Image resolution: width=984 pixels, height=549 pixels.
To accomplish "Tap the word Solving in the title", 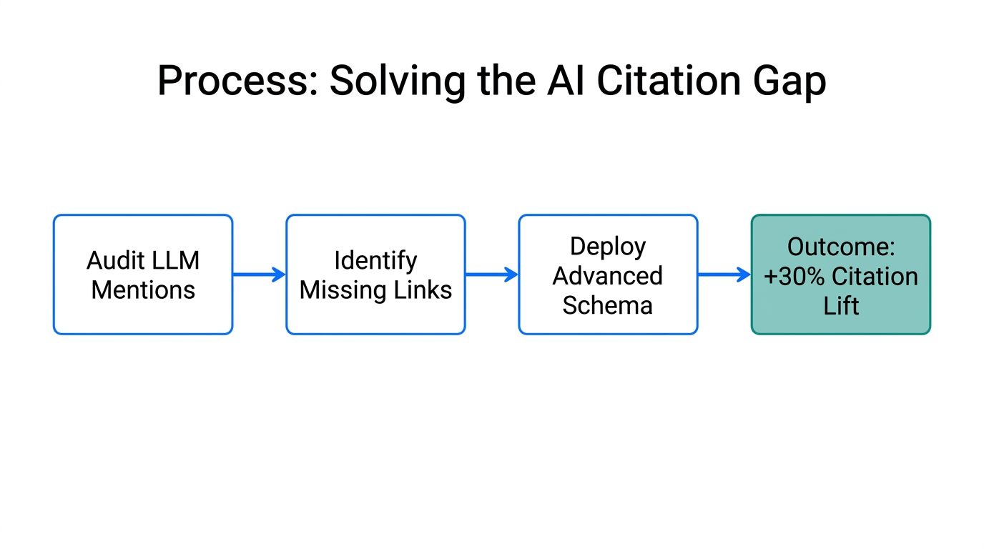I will [x=398, y=81].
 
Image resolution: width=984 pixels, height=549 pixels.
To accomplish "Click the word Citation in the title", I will [x=669, y=81].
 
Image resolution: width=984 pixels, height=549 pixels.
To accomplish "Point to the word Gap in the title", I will [x=790, y=81].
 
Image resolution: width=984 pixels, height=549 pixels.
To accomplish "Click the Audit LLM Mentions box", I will [x=143, y=274].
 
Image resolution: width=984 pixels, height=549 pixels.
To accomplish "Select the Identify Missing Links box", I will [x=375, y=274].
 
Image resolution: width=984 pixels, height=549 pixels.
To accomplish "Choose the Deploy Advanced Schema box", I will [x=608, y=274].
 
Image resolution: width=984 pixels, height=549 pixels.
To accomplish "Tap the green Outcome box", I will [x=840, y=274].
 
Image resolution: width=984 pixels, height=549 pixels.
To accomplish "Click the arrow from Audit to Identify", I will [x=259, y=274].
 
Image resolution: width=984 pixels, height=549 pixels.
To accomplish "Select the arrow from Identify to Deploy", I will [x=491, y=274].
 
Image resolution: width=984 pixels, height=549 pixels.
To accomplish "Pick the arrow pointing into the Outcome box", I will [x=724, y=274].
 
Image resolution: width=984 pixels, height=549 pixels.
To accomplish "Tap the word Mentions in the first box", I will [x=143, y=290].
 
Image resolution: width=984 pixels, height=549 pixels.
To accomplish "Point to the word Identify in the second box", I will [x=375, y=260].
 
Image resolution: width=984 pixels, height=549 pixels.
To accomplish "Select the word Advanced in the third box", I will [x=608, y=275].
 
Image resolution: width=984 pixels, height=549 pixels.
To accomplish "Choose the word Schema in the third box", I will [x=608, y=305].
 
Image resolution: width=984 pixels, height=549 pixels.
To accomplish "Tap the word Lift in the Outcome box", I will [x=841, y=306].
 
